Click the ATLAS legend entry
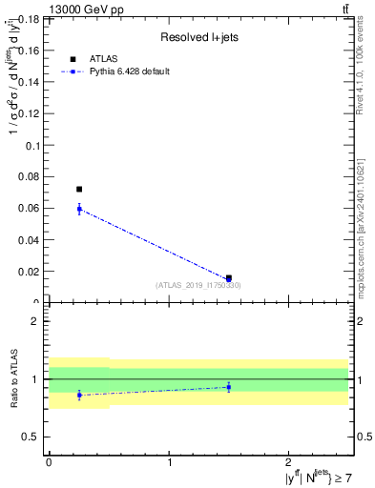104,59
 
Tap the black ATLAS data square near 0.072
79,190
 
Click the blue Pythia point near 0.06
79,209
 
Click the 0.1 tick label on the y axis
31,146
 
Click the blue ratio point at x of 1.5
229,386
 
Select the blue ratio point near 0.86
79,395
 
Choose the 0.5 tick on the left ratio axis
31,437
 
